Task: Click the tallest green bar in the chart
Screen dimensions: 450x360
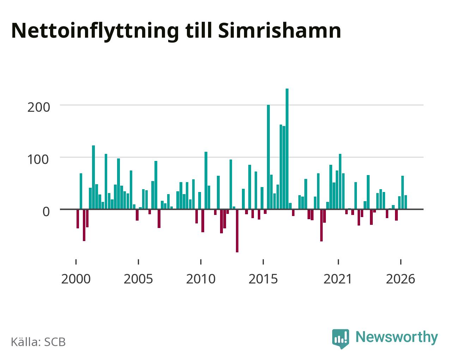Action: point(287,149)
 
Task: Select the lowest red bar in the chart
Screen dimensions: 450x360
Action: point(237,231)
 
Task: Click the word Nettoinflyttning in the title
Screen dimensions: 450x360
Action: point(95,31)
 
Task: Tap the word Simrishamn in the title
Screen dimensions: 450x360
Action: point(279,31)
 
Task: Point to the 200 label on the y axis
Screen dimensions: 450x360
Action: point(39,107)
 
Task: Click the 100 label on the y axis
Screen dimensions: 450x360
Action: point(38,160)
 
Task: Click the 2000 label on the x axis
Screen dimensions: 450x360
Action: point(76,279)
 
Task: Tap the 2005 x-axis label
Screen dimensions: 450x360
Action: point(138,279)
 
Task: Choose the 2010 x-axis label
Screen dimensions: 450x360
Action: point(201,279)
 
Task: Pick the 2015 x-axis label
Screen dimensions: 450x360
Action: point(263,279)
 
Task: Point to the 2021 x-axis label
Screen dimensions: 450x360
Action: point(338,279)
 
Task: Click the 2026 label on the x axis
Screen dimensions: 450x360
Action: point(400,279)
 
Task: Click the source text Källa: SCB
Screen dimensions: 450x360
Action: point(38,342)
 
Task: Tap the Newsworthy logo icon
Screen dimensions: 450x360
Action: point(340,339)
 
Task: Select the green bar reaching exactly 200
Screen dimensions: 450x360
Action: point(268,157)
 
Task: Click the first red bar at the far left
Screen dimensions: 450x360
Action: point(78,219)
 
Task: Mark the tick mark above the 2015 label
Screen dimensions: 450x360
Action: point(263,262)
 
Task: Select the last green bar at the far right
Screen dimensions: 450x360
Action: point(406,202)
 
